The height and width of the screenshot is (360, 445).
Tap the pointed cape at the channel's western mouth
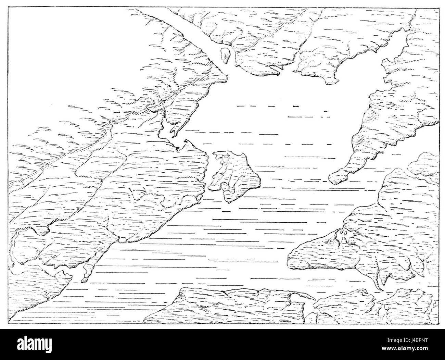tap(224, 79)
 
